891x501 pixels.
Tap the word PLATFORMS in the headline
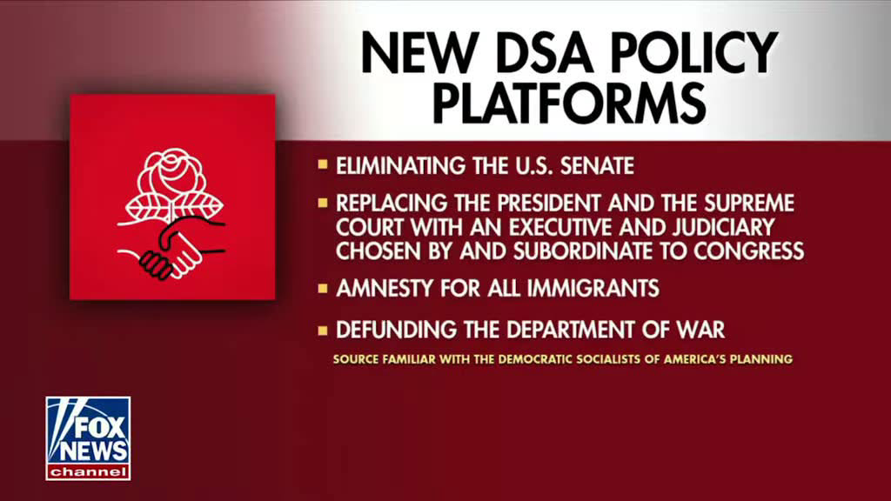click(569, 103)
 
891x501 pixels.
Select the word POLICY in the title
click(695, 53)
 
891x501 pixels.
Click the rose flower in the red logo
click(171, 176)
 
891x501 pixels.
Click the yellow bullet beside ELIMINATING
click(323, 164)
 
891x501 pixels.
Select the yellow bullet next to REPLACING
click(323, 202)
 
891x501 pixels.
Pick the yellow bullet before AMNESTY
click(323, 288)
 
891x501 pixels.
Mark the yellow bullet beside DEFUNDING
click(323, 330)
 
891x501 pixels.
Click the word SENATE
click(597, 166)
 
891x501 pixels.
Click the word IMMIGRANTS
click(593, 289)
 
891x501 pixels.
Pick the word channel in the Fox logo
click(88, 471)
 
